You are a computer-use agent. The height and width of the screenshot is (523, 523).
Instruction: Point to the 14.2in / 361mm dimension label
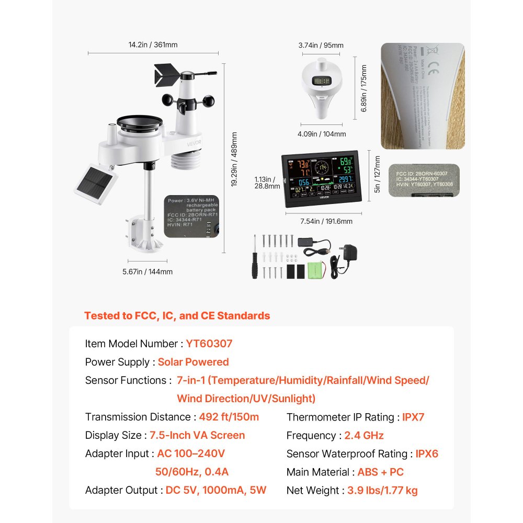[x=153, y=45]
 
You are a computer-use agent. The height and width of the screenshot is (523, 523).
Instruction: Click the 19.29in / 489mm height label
[x=234, y=159]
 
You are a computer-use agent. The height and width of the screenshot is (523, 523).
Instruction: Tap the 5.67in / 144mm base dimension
[x=147, y=271]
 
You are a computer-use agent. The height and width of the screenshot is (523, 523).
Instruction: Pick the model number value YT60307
[x=209, y=344]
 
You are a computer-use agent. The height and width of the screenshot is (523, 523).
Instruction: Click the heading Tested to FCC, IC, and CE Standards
[x=177, y=315]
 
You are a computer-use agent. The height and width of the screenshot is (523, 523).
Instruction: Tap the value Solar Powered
[x=194, y=362]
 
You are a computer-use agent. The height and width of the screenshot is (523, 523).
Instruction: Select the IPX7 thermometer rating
[x=413, y=417]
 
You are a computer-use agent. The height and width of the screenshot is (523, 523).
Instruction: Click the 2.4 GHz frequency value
[x=364, y=435]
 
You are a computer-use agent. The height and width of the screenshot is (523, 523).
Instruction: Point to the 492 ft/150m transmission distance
[x=229, y=417]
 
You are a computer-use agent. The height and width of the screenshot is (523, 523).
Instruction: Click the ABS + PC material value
[x=381, y=472]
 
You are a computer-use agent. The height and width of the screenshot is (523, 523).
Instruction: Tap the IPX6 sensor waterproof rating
[x=427, y=453]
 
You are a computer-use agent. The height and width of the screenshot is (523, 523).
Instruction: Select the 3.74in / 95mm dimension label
[x=321, y=45]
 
